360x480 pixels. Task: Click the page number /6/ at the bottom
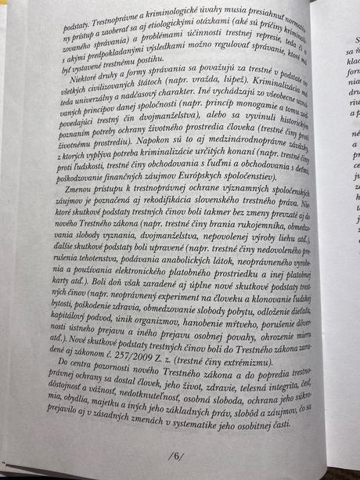[174, 456]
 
